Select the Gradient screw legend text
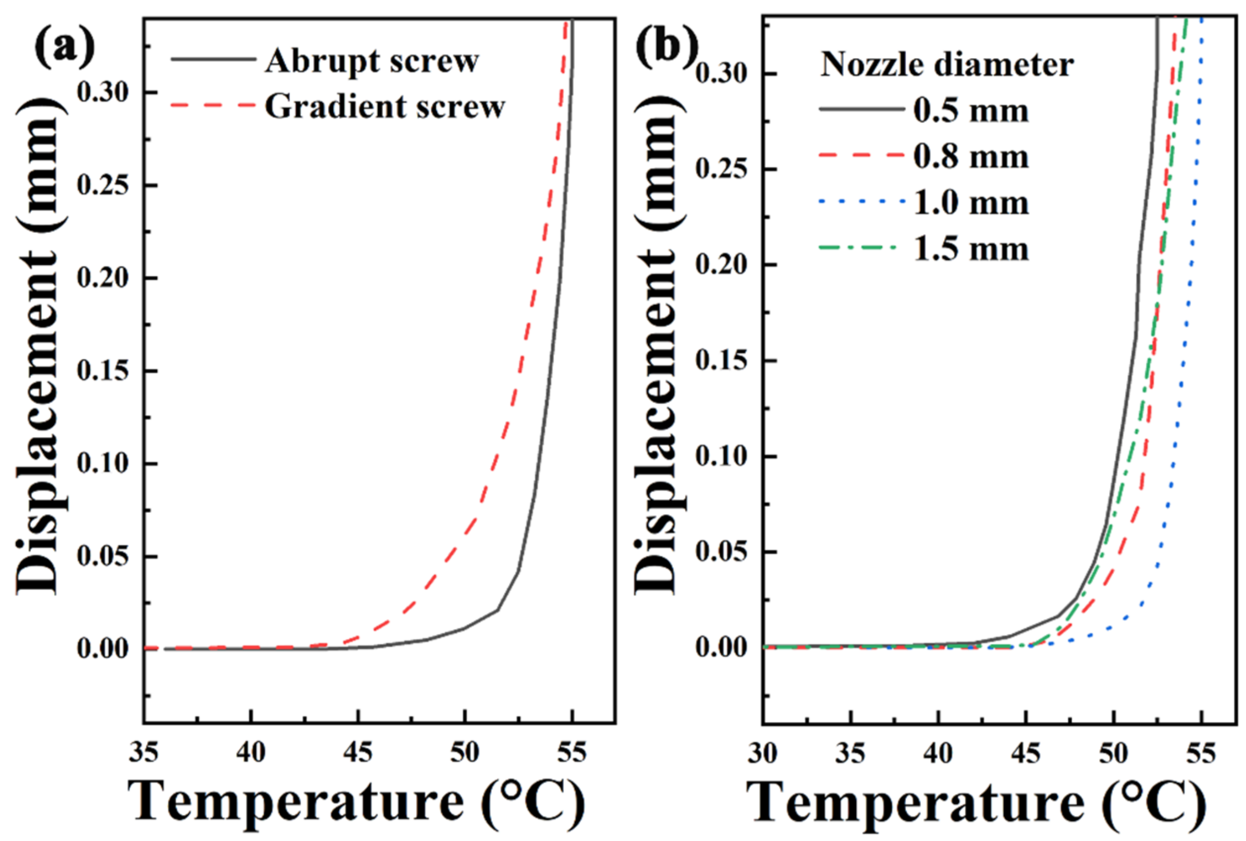(385, 106)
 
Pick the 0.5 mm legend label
(971, 111)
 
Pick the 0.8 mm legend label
(971, 157)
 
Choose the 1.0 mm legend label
(971, 203)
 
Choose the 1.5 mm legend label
(971, 250)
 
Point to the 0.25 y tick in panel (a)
(103, 186)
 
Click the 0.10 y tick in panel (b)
(721, 457)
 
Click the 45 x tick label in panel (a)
(357, 753)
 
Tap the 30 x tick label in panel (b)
(762, 753)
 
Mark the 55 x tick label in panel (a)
(572, 753)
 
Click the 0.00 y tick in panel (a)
(103, 649)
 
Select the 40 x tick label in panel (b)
(938, 753)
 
